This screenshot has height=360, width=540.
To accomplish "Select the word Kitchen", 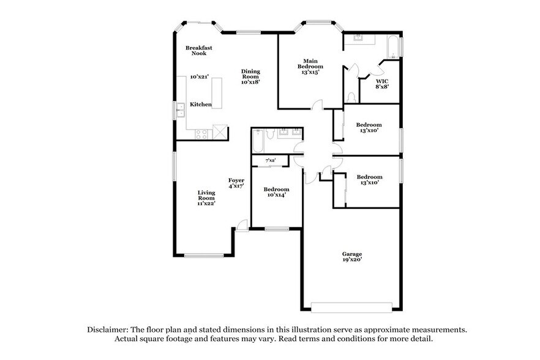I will [200, 104].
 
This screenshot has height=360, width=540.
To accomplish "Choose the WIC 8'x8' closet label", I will [382, 83].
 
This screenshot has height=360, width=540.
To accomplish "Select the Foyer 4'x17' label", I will [236, 182].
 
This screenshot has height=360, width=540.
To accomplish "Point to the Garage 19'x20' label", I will [352, 257].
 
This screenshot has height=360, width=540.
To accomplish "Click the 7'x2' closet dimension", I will [270, 160].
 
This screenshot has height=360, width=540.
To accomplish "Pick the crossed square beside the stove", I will [220, 133].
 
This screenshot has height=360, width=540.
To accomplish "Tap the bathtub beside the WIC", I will [392, 47].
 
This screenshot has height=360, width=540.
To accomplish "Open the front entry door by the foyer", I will [242, 225].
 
